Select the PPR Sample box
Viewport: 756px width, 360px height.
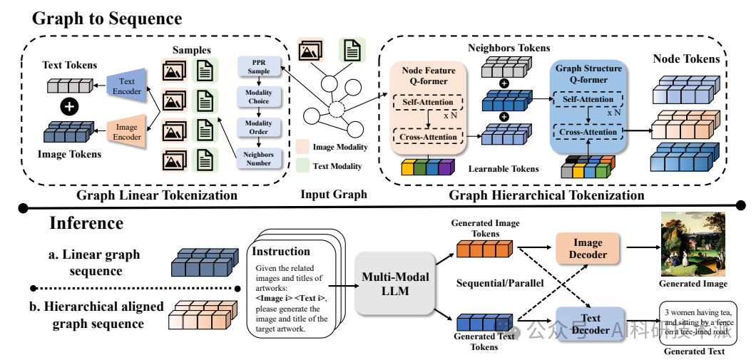pyautogui.click(x=259, y=68)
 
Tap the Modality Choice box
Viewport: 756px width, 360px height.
pyautogui.click(x=259, y=98)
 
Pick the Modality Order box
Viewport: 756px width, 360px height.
pyautogui.click(x=259, y=128)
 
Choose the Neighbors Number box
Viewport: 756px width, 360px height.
pyautogui.click(x=259, y=158)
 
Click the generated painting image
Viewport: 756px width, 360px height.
pyautogui.click(x=693, y=244)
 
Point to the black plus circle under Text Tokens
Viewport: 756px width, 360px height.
pyautogui.click(x=69, y=108)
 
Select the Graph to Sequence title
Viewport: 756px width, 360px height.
pyautogui.click(x=107, y=18)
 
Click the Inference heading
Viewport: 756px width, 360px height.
pyautogui.click(x=86, y=222)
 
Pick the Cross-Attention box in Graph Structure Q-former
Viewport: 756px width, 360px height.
pyautogui.click(x=586, y=133)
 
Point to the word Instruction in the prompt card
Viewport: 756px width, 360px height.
pyautogui.click(x=282, y=251)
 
